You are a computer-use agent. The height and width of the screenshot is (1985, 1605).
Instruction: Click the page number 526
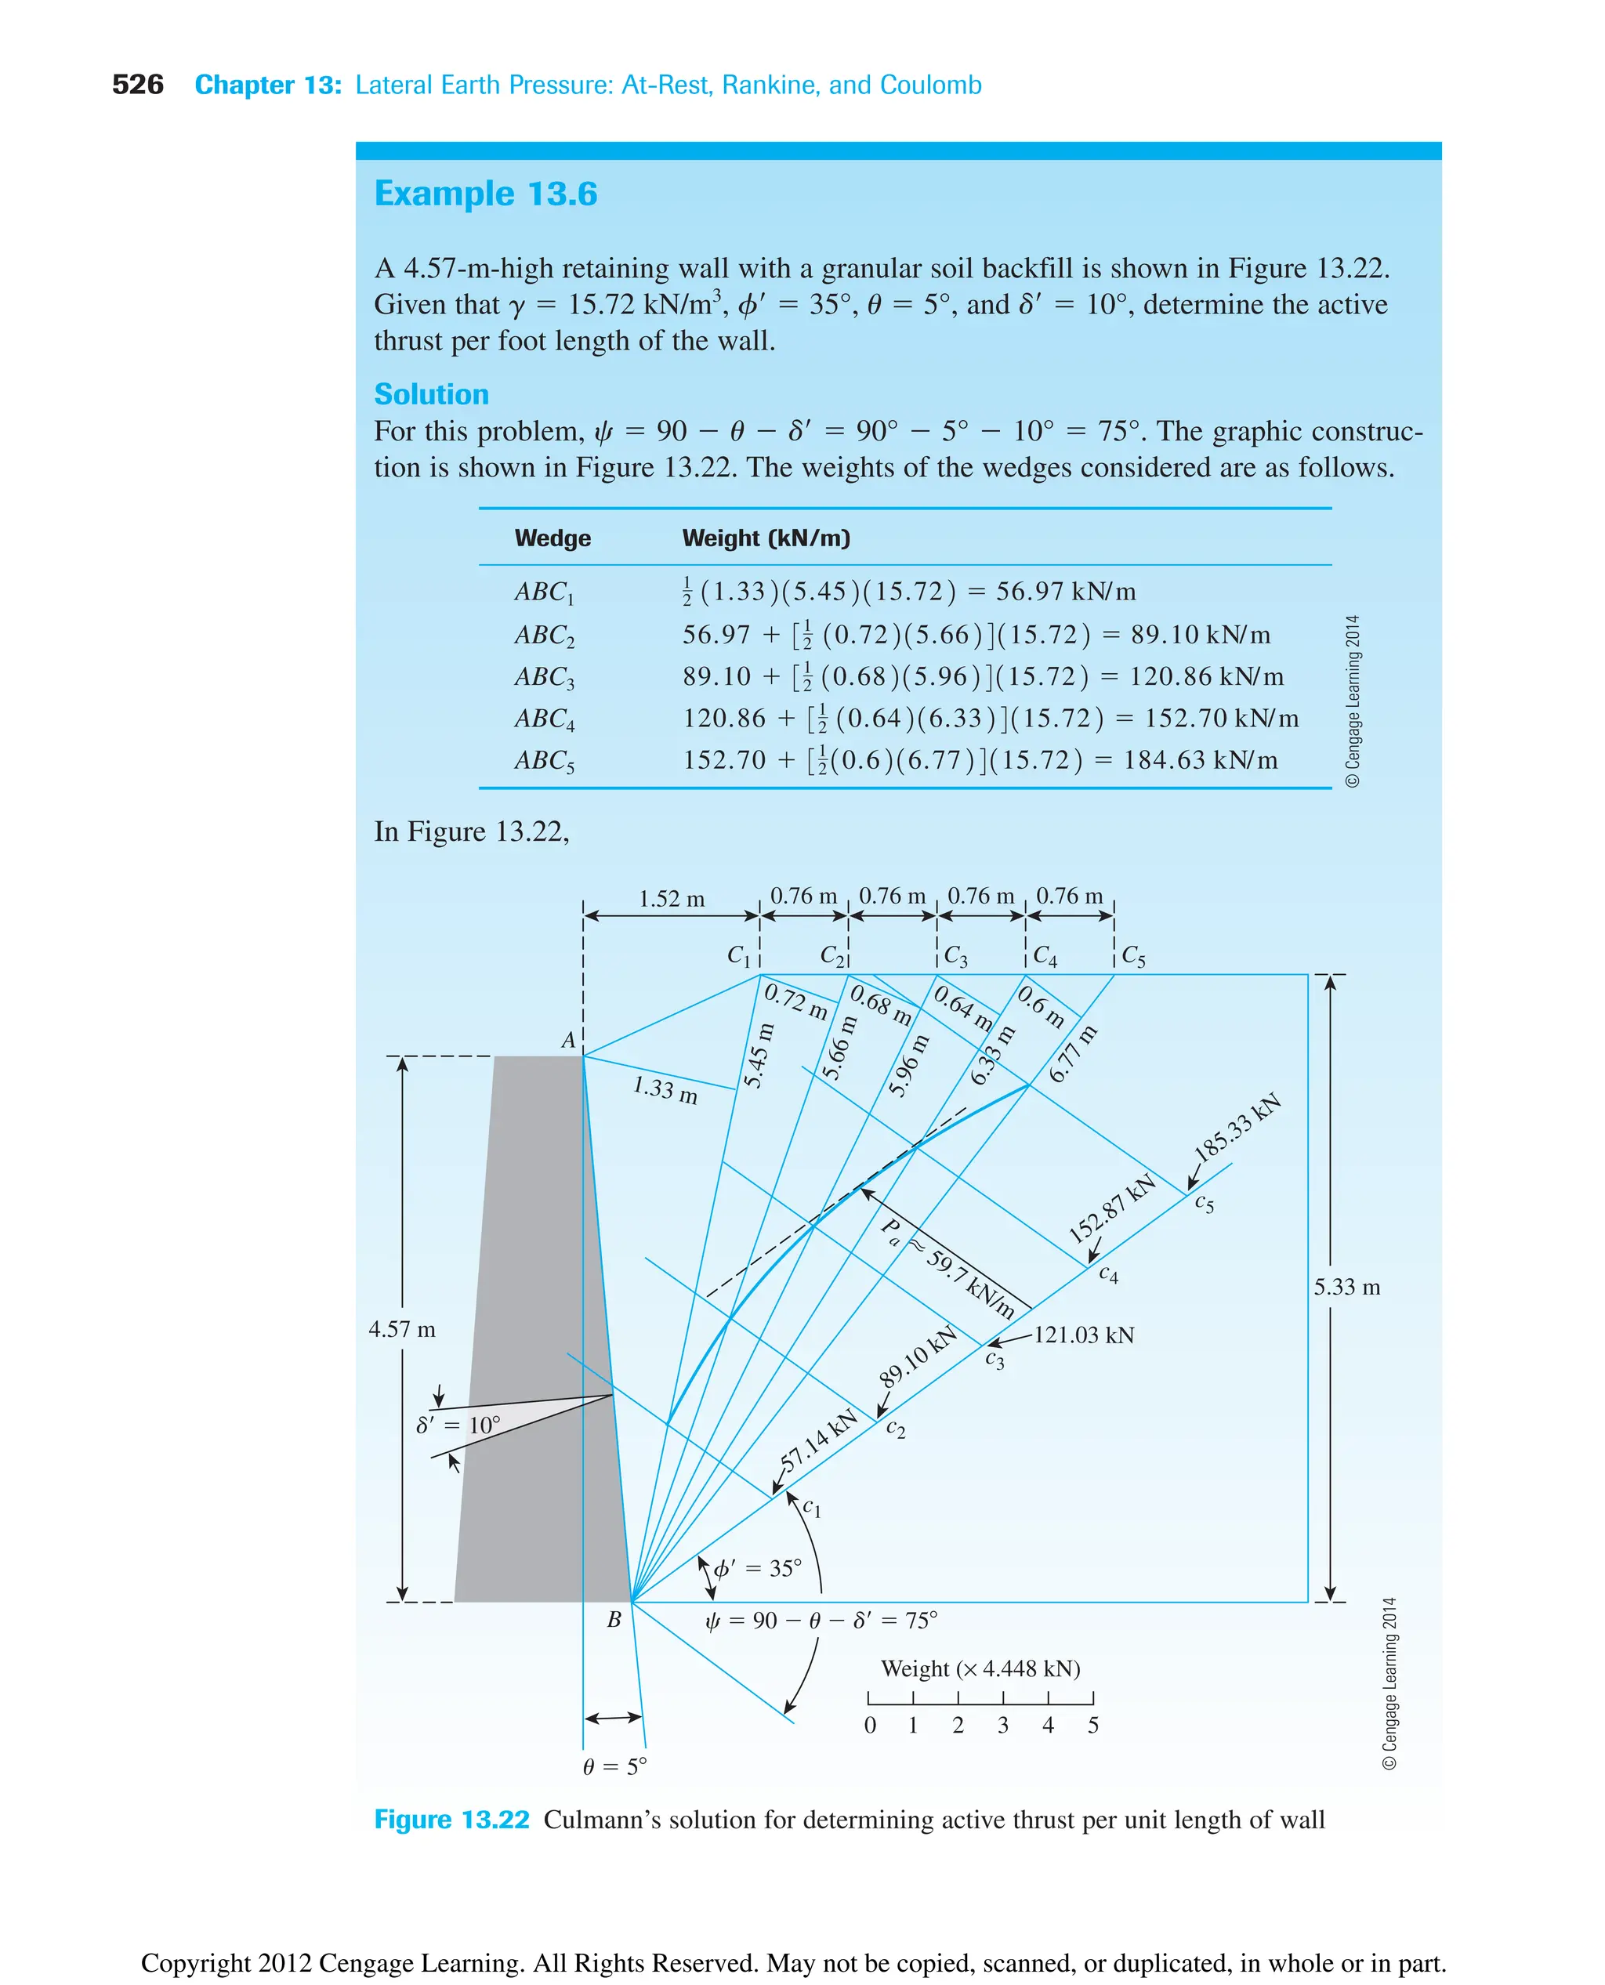[137, 85]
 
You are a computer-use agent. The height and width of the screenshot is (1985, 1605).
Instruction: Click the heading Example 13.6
[485, 194]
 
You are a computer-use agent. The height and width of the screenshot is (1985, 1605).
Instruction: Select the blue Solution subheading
[431, 394]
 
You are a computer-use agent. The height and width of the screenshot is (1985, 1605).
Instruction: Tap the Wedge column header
[552, 538]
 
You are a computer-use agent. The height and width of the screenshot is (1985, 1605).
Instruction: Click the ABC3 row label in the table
[544, 677]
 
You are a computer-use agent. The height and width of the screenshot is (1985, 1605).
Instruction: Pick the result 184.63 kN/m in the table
[1200, 760]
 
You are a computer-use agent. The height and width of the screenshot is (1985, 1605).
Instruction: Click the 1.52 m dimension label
[671, 899]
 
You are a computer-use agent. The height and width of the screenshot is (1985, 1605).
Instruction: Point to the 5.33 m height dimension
[1346, 1287]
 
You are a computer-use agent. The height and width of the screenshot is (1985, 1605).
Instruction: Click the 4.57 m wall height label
[401, 1330]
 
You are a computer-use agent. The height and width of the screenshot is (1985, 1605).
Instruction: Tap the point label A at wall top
[569, 1040]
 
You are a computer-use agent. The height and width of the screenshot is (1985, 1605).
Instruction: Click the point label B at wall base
[614, 1619]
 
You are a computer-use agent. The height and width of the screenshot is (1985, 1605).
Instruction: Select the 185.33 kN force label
[1236, 1127]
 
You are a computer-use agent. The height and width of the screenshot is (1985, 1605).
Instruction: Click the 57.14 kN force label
[818, 1441]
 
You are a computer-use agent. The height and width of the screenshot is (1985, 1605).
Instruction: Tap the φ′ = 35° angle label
[756, 1568]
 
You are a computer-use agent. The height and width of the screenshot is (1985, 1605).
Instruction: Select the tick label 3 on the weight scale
[1003, 1725]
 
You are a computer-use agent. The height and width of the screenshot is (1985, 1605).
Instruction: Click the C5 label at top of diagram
[1132, 956]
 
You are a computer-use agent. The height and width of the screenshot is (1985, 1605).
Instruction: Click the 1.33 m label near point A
[665, 1089]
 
